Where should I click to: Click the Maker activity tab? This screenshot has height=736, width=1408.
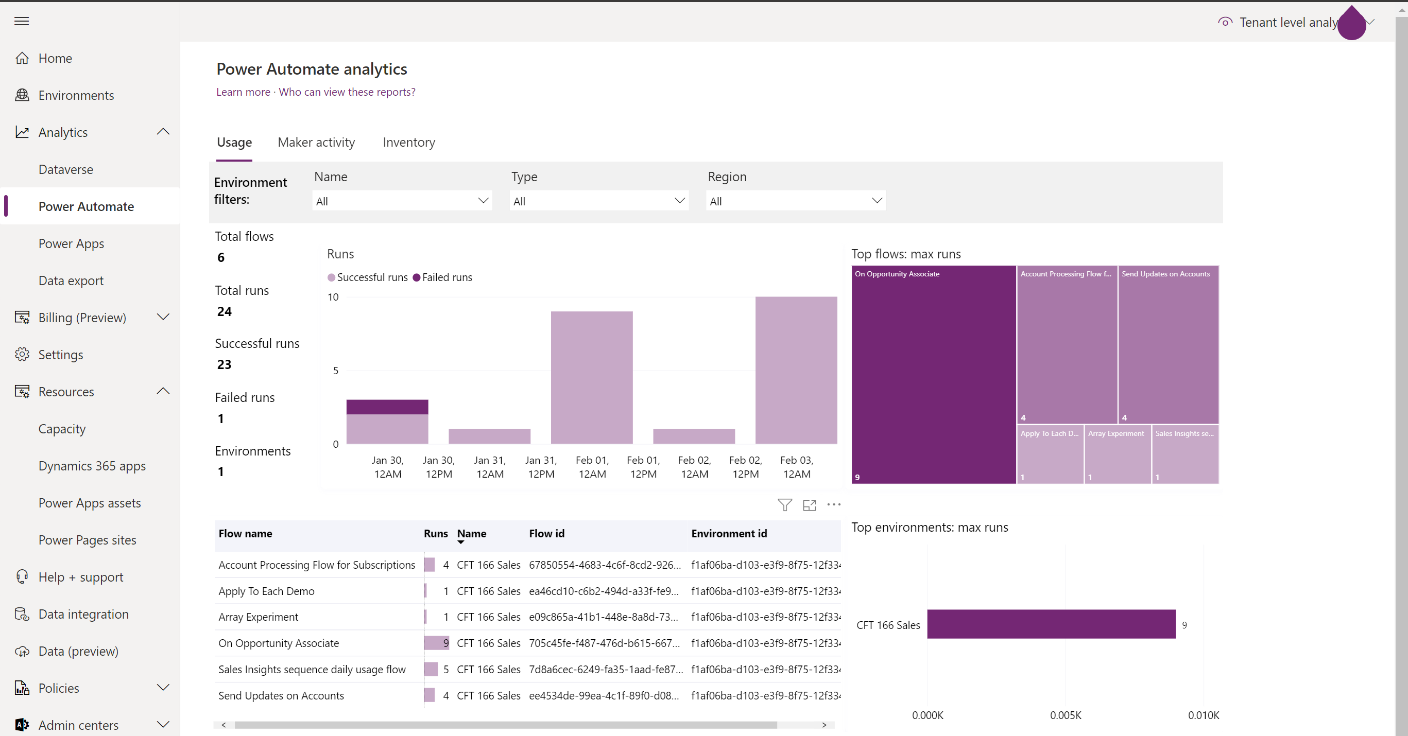[316, 143]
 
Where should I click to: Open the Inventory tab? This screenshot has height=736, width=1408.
[408, 143]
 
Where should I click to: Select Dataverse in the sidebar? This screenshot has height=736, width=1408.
[65, 169]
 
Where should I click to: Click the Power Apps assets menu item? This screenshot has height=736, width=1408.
[90, 503]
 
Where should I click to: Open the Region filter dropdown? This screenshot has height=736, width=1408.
[795, 201]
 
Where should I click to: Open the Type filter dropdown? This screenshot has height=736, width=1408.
[598, 201]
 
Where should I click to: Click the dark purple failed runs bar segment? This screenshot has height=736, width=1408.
[387, 407]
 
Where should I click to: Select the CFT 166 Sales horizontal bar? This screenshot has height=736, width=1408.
[1051, 624]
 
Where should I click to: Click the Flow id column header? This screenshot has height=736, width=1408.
[546, 534]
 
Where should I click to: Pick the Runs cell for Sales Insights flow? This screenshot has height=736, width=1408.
[437, 669]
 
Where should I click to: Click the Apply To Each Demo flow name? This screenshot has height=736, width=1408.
[266, 591]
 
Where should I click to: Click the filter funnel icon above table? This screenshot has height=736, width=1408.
[784, 505]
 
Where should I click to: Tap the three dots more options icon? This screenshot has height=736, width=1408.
[834, 505]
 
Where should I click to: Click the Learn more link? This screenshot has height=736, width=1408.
[243, 92]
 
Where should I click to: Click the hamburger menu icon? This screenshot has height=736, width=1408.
[22, 21]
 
